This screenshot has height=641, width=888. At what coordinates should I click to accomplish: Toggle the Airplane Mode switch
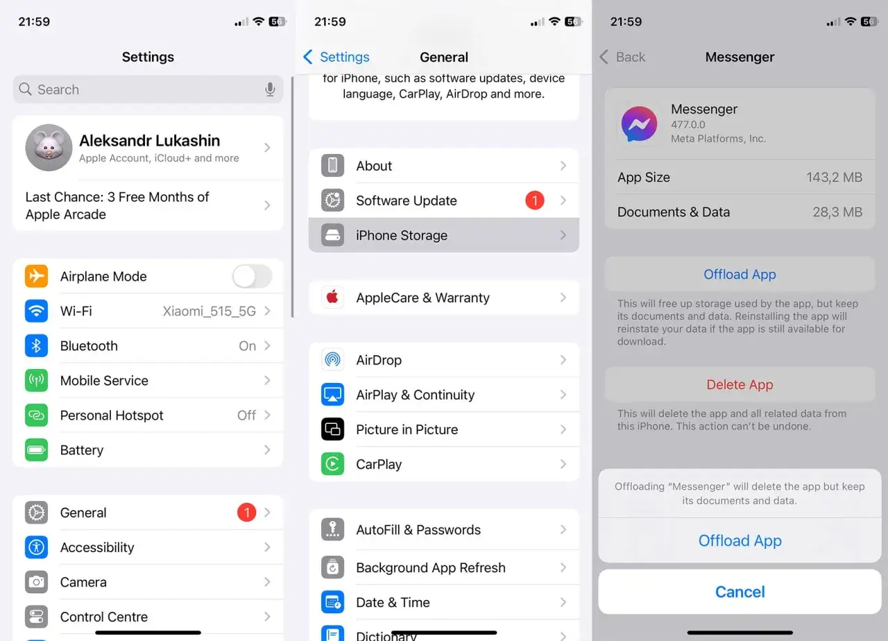click(252, 276)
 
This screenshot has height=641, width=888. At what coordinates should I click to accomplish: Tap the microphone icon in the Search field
click(270, 89)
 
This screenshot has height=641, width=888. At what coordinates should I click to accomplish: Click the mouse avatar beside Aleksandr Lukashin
click(49, 148)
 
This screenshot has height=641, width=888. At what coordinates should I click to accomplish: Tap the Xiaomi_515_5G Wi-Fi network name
click(209, 311)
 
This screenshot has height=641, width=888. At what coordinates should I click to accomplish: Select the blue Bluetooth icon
click(37, 345)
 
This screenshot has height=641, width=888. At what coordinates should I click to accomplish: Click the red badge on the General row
click(246, 513)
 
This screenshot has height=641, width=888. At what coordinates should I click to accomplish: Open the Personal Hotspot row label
click(112, 416)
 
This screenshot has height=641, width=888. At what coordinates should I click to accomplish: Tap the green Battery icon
click(37, 450)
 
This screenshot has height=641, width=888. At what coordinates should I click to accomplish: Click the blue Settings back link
click(336, 57)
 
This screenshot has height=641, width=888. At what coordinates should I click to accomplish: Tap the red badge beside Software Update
click(534, 200)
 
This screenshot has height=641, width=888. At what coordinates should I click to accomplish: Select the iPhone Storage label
click(402, 235)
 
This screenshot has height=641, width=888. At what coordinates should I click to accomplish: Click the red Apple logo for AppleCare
click(332, 298)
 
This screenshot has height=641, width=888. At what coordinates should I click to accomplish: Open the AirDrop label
click(379, 360)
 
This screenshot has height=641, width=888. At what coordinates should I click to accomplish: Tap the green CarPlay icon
click(332, 464)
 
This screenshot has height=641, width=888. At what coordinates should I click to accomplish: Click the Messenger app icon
click(639, 124)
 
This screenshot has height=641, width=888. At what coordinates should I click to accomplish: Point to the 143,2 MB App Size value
click(834, 178)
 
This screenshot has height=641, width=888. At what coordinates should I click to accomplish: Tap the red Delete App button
click(740, 385)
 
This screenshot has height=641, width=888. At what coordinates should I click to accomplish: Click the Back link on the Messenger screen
click(622, 57)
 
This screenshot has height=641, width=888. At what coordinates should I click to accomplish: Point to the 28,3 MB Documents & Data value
click(837, 212)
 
